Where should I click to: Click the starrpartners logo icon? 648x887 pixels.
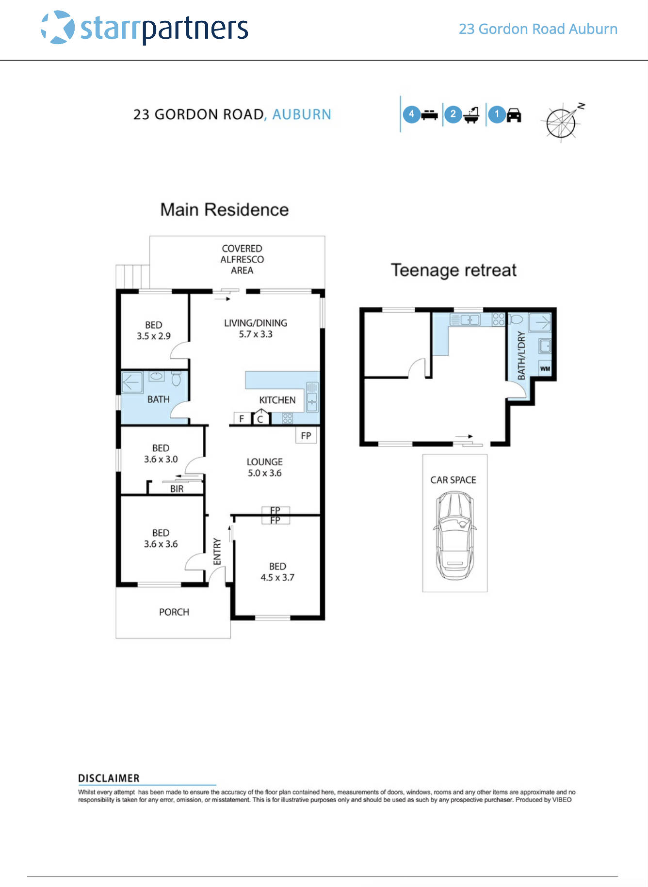tap(58, 28)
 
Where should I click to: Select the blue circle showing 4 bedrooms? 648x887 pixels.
tap(411, 114)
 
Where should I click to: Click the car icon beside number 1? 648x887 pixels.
tap(514, 115)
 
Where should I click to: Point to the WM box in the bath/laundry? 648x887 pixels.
tap(545, 369)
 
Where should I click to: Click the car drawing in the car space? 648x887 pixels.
tap(454, 536)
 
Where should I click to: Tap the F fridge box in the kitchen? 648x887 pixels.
tap(242, 419)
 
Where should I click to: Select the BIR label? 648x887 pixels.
tap(177, 489)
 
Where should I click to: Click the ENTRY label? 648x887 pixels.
tap(217, 551)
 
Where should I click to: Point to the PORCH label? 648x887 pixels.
tap(174, 612)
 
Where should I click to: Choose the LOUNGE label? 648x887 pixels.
tap(264, 462)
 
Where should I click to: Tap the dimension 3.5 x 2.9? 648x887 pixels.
tap(153, 336)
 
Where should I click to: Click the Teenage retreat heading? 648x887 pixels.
tap(454, 270)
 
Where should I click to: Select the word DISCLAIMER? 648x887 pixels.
tap(109, 778)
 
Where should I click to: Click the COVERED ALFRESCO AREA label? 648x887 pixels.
tap(242, 259)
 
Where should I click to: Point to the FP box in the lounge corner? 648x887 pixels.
tap(306, 435)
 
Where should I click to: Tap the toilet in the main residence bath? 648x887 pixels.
tap(176, 378)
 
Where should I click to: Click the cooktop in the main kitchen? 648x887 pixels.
tap(287, 418)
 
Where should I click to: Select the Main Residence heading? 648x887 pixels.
tap(224, 210)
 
